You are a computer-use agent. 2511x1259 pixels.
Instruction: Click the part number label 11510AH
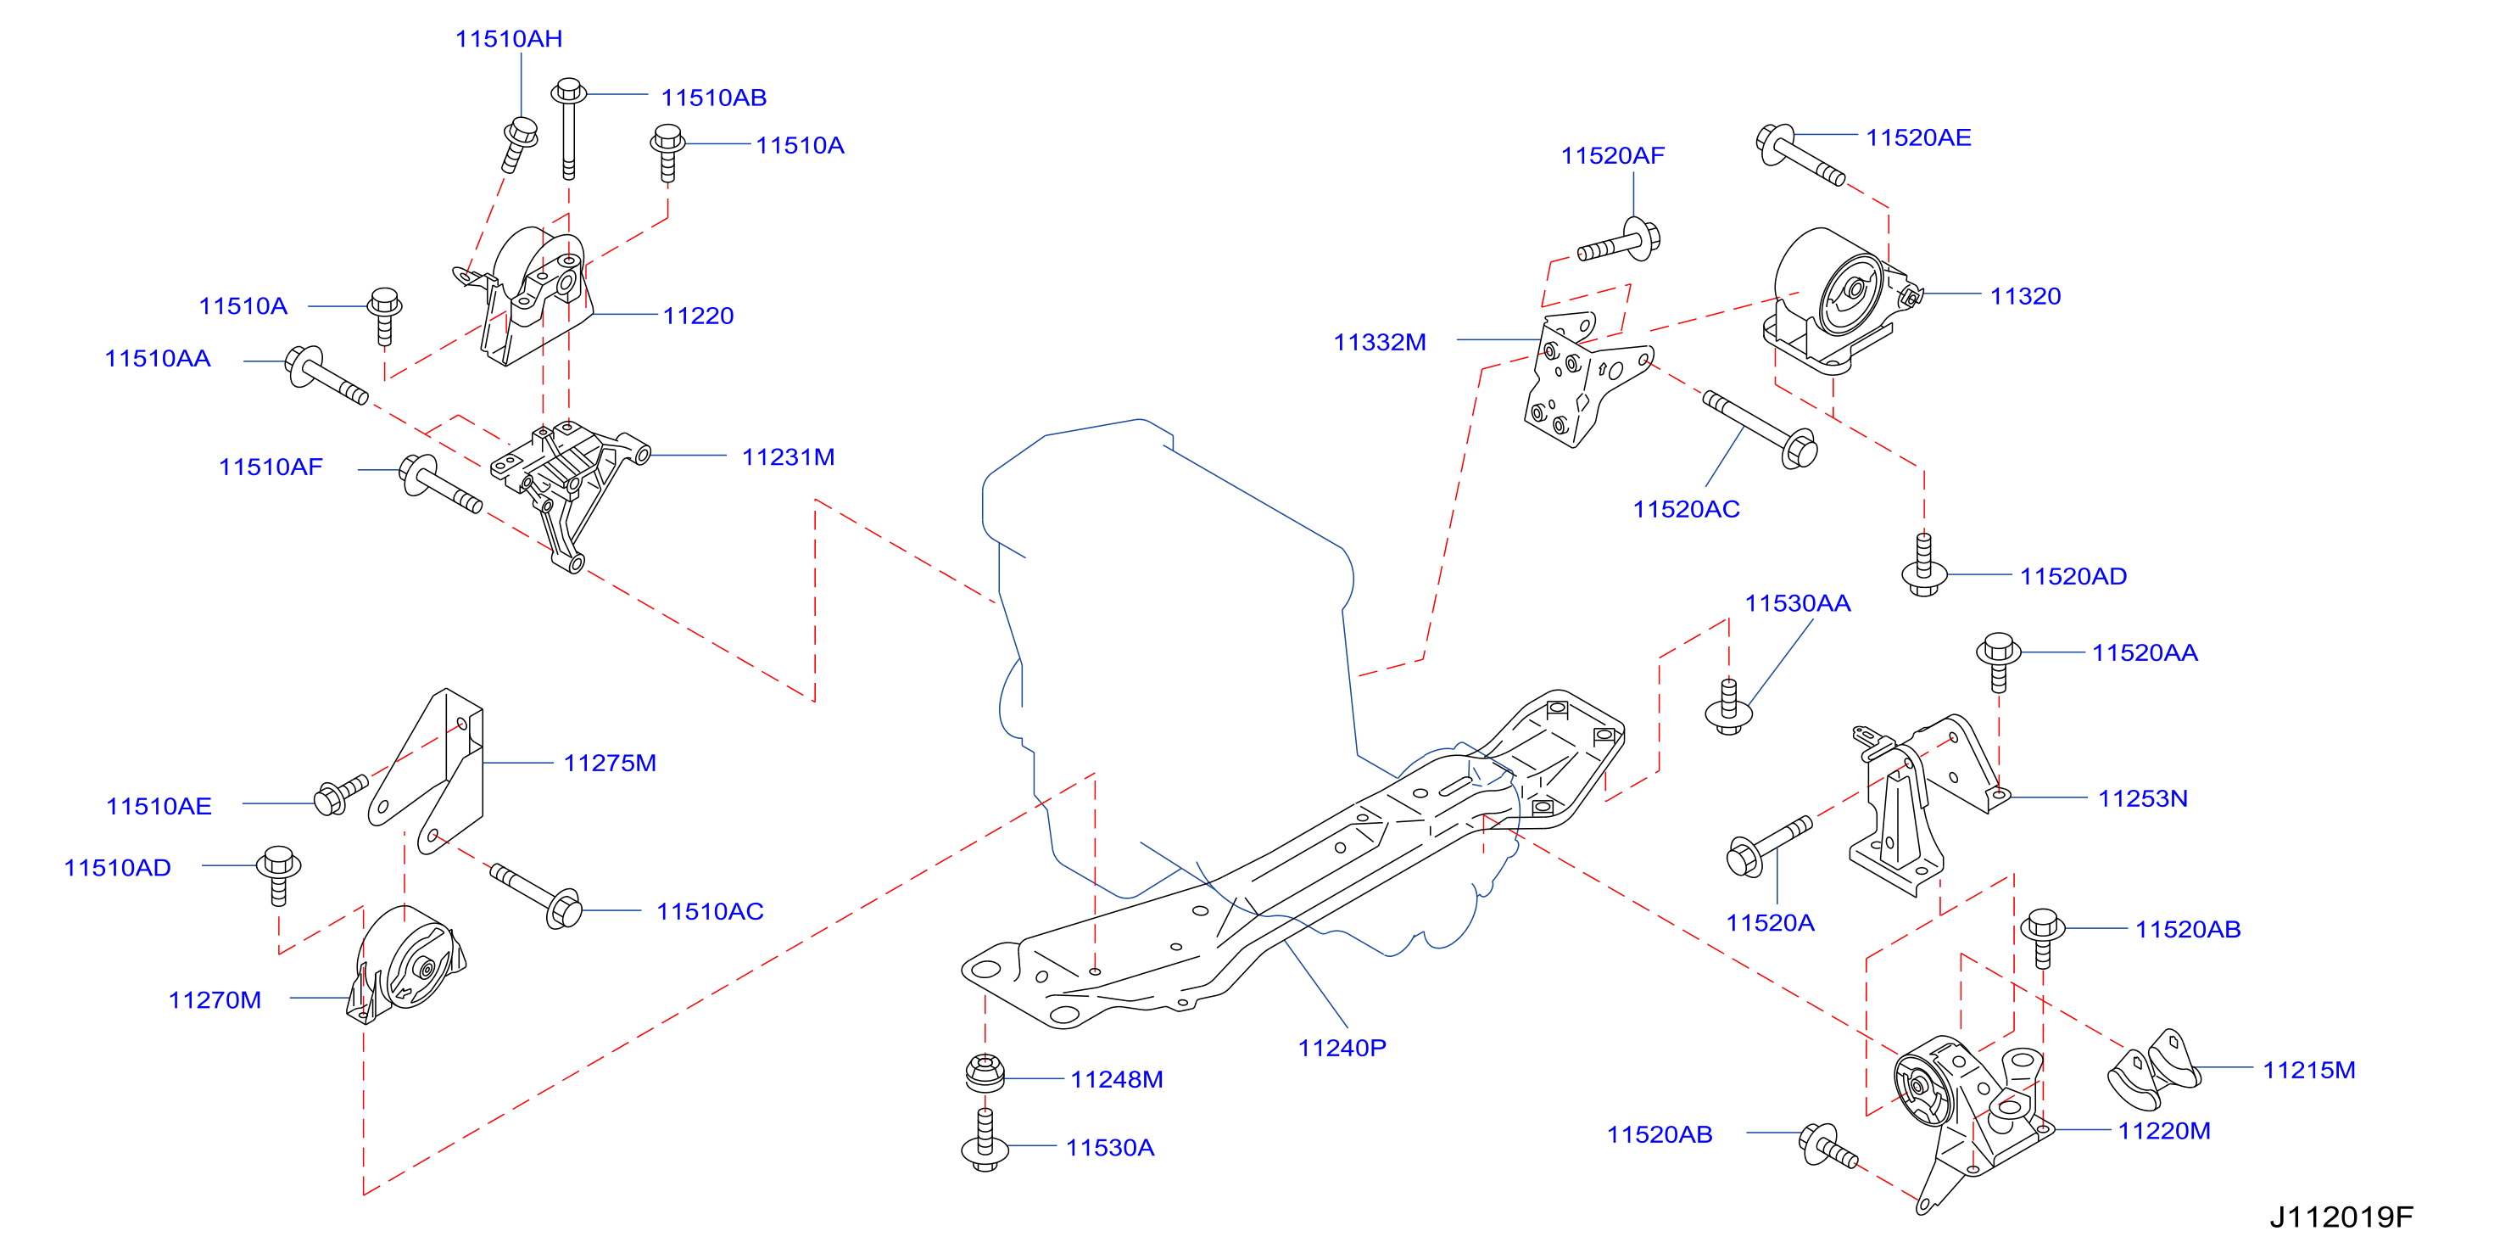[509, 39]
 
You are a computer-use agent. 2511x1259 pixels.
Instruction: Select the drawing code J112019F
[2341, 1217]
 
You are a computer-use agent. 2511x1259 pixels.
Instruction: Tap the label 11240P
[1342, 1048]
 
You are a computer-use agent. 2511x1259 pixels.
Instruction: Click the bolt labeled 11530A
[985, 1140]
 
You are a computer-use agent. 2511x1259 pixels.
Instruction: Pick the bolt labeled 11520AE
[1800, 154]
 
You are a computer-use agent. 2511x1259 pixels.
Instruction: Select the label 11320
[2026, 296]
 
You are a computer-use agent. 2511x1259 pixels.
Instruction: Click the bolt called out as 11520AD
[1924, 565]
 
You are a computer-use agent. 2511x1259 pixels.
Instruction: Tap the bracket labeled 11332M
[1585, 380]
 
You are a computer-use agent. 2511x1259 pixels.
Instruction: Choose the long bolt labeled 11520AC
[1760, 429]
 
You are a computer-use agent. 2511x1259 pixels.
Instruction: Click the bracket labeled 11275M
[427, 770]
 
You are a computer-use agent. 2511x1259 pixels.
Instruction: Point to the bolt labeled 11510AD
[278, 875]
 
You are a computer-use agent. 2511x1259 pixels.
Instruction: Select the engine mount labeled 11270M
[405, 964]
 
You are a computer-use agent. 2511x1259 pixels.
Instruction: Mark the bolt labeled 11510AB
[568, 129]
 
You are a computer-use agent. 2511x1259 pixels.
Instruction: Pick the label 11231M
[788, 457]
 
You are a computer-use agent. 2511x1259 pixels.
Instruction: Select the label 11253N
[2143, 798]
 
